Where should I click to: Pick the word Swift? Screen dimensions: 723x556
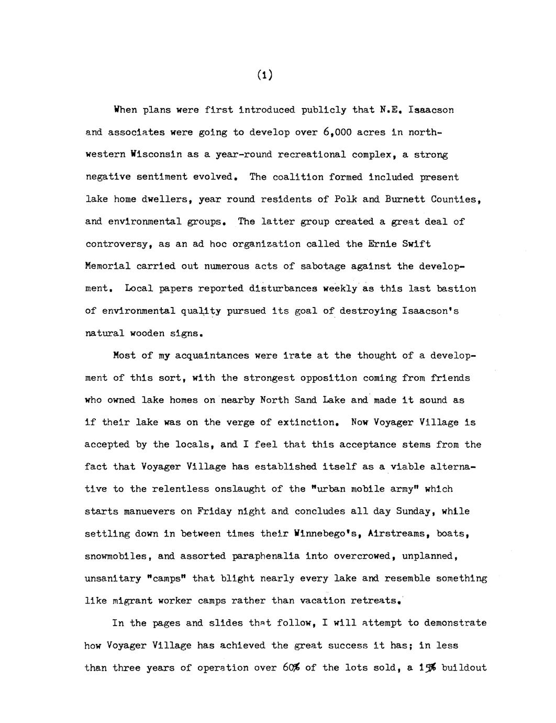click(x=417, y=244)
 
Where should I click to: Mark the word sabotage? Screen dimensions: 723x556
click(x=323, y=267)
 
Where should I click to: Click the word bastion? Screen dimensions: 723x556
click(x=457, y=289)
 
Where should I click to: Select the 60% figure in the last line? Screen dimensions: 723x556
click(x=291, y=668)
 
